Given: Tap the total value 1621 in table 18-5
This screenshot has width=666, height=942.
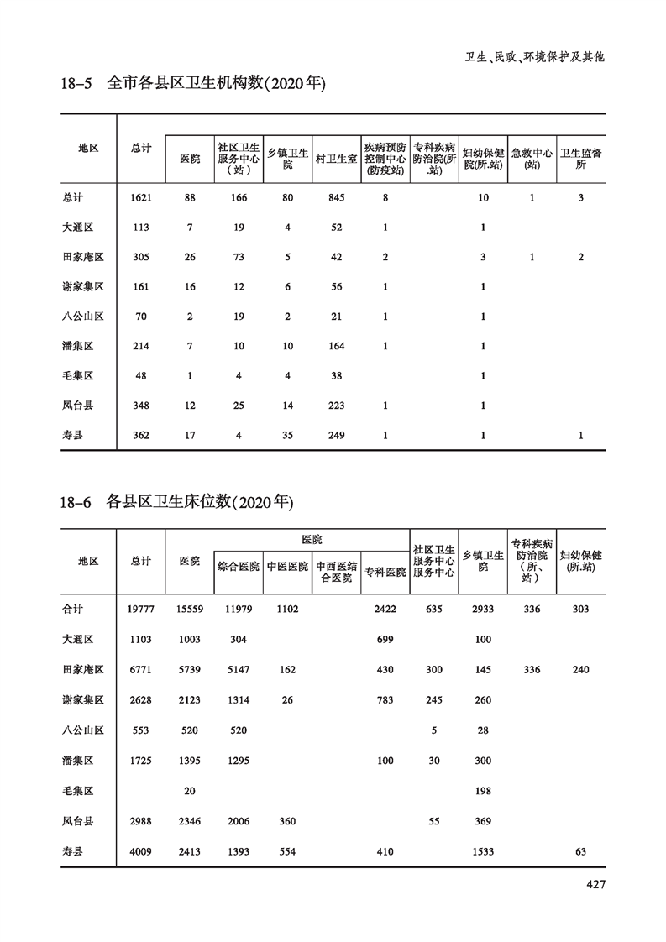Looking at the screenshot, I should [141, 197].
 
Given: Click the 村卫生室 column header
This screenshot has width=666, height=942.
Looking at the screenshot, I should [336, 158].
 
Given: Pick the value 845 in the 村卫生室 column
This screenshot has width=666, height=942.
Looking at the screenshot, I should [336, 197].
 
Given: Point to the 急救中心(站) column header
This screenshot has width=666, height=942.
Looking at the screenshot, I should [532, 158].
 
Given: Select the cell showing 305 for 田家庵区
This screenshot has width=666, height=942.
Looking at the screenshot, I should [141, 257].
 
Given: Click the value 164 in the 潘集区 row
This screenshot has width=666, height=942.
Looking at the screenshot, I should [336, 346].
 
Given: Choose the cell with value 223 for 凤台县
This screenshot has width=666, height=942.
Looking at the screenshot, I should [336, 406].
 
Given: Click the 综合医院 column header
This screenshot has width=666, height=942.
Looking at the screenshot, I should [239, 567].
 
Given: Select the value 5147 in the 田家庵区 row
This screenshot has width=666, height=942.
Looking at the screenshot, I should [239, 669].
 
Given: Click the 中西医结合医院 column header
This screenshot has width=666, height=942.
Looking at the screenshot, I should [336, 572].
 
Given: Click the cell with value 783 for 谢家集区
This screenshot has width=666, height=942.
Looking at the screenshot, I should [385, 699].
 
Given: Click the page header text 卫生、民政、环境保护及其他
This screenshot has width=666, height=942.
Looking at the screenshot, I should [535, 57].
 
